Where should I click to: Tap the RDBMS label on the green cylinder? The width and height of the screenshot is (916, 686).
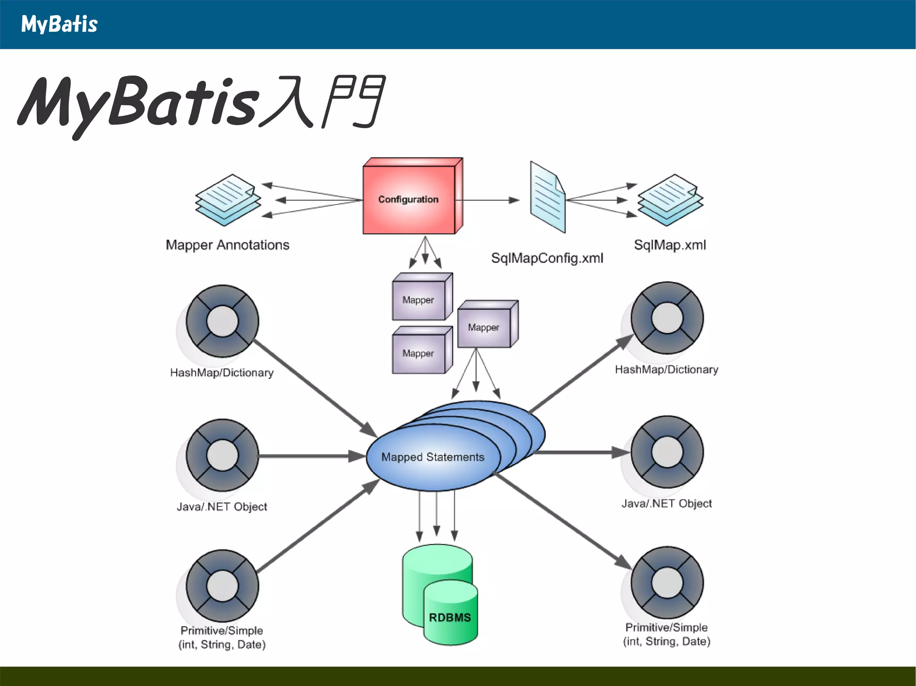point(450,617)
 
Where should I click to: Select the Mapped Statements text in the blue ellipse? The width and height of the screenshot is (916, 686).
point(433,457)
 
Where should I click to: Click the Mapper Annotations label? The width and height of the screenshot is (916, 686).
point(227,245)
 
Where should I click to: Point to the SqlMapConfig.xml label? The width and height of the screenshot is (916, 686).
point(547,258)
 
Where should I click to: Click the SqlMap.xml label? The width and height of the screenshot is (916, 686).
point(670,245)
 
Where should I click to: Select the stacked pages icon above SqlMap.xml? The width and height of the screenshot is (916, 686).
point(670,200)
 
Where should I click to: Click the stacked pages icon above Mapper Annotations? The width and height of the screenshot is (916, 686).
point(228,200)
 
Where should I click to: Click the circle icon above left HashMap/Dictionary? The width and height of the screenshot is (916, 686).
point(222,321)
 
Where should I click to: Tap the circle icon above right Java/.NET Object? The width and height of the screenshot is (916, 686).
point(667,452)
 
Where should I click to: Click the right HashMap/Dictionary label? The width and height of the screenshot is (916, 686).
point(666,370)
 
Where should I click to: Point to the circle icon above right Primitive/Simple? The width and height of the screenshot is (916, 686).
point(667,582)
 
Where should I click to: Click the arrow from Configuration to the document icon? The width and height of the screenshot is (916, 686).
point(488,200)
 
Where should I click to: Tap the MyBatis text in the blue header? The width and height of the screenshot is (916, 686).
point(59,24)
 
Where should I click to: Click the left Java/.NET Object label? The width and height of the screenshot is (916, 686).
point(222,506)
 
